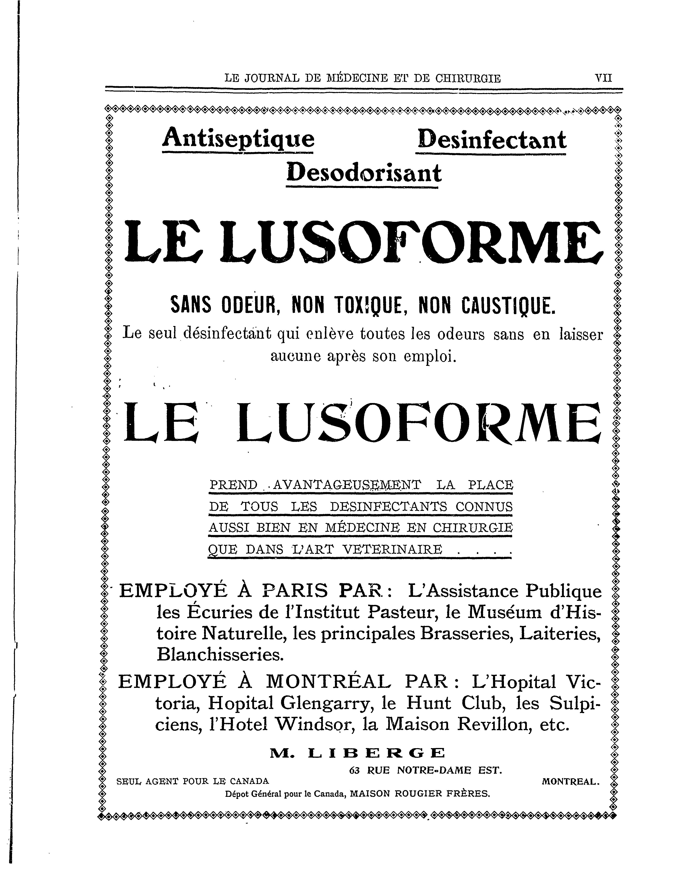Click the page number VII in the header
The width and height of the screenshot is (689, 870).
click(x=603, y=77)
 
